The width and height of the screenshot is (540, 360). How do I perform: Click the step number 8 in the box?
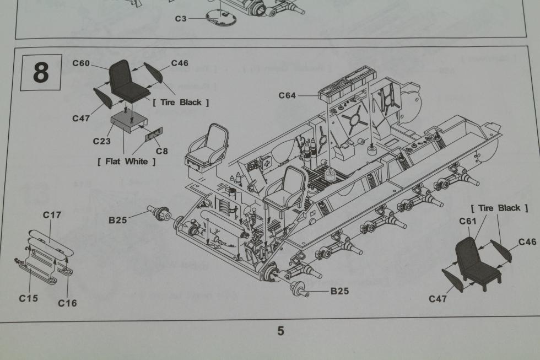41,73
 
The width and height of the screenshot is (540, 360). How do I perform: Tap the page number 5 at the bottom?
280,331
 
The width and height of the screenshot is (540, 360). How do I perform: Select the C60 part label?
81,63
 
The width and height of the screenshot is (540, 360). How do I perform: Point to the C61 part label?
468,222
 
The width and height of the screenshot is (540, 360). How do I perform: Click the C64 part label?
287,95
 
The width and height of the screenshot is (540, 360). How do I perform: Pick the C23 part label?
101,141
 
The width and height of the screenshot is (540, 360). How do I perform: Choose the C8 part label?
161,151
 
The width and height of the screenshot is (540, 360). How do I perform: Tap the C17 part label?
52,215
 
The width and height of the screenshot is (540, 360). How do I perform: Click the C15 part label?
28,298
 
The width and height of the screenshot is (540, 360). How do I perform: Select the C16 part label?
67,303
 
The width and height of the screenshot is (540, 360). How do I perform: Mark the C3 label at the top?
181,19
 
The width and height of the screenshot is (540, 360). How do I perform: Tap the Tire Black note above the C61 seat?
499,208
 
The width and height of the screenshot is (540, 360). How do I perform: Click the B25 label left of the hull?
118,220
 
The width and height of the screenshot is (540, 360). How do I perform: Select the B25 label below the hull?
339,291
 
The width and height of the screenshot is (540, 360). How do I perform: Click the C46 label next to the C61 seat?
527,242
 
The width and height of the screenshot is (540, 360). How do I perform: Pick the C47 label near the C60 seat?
81,118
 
